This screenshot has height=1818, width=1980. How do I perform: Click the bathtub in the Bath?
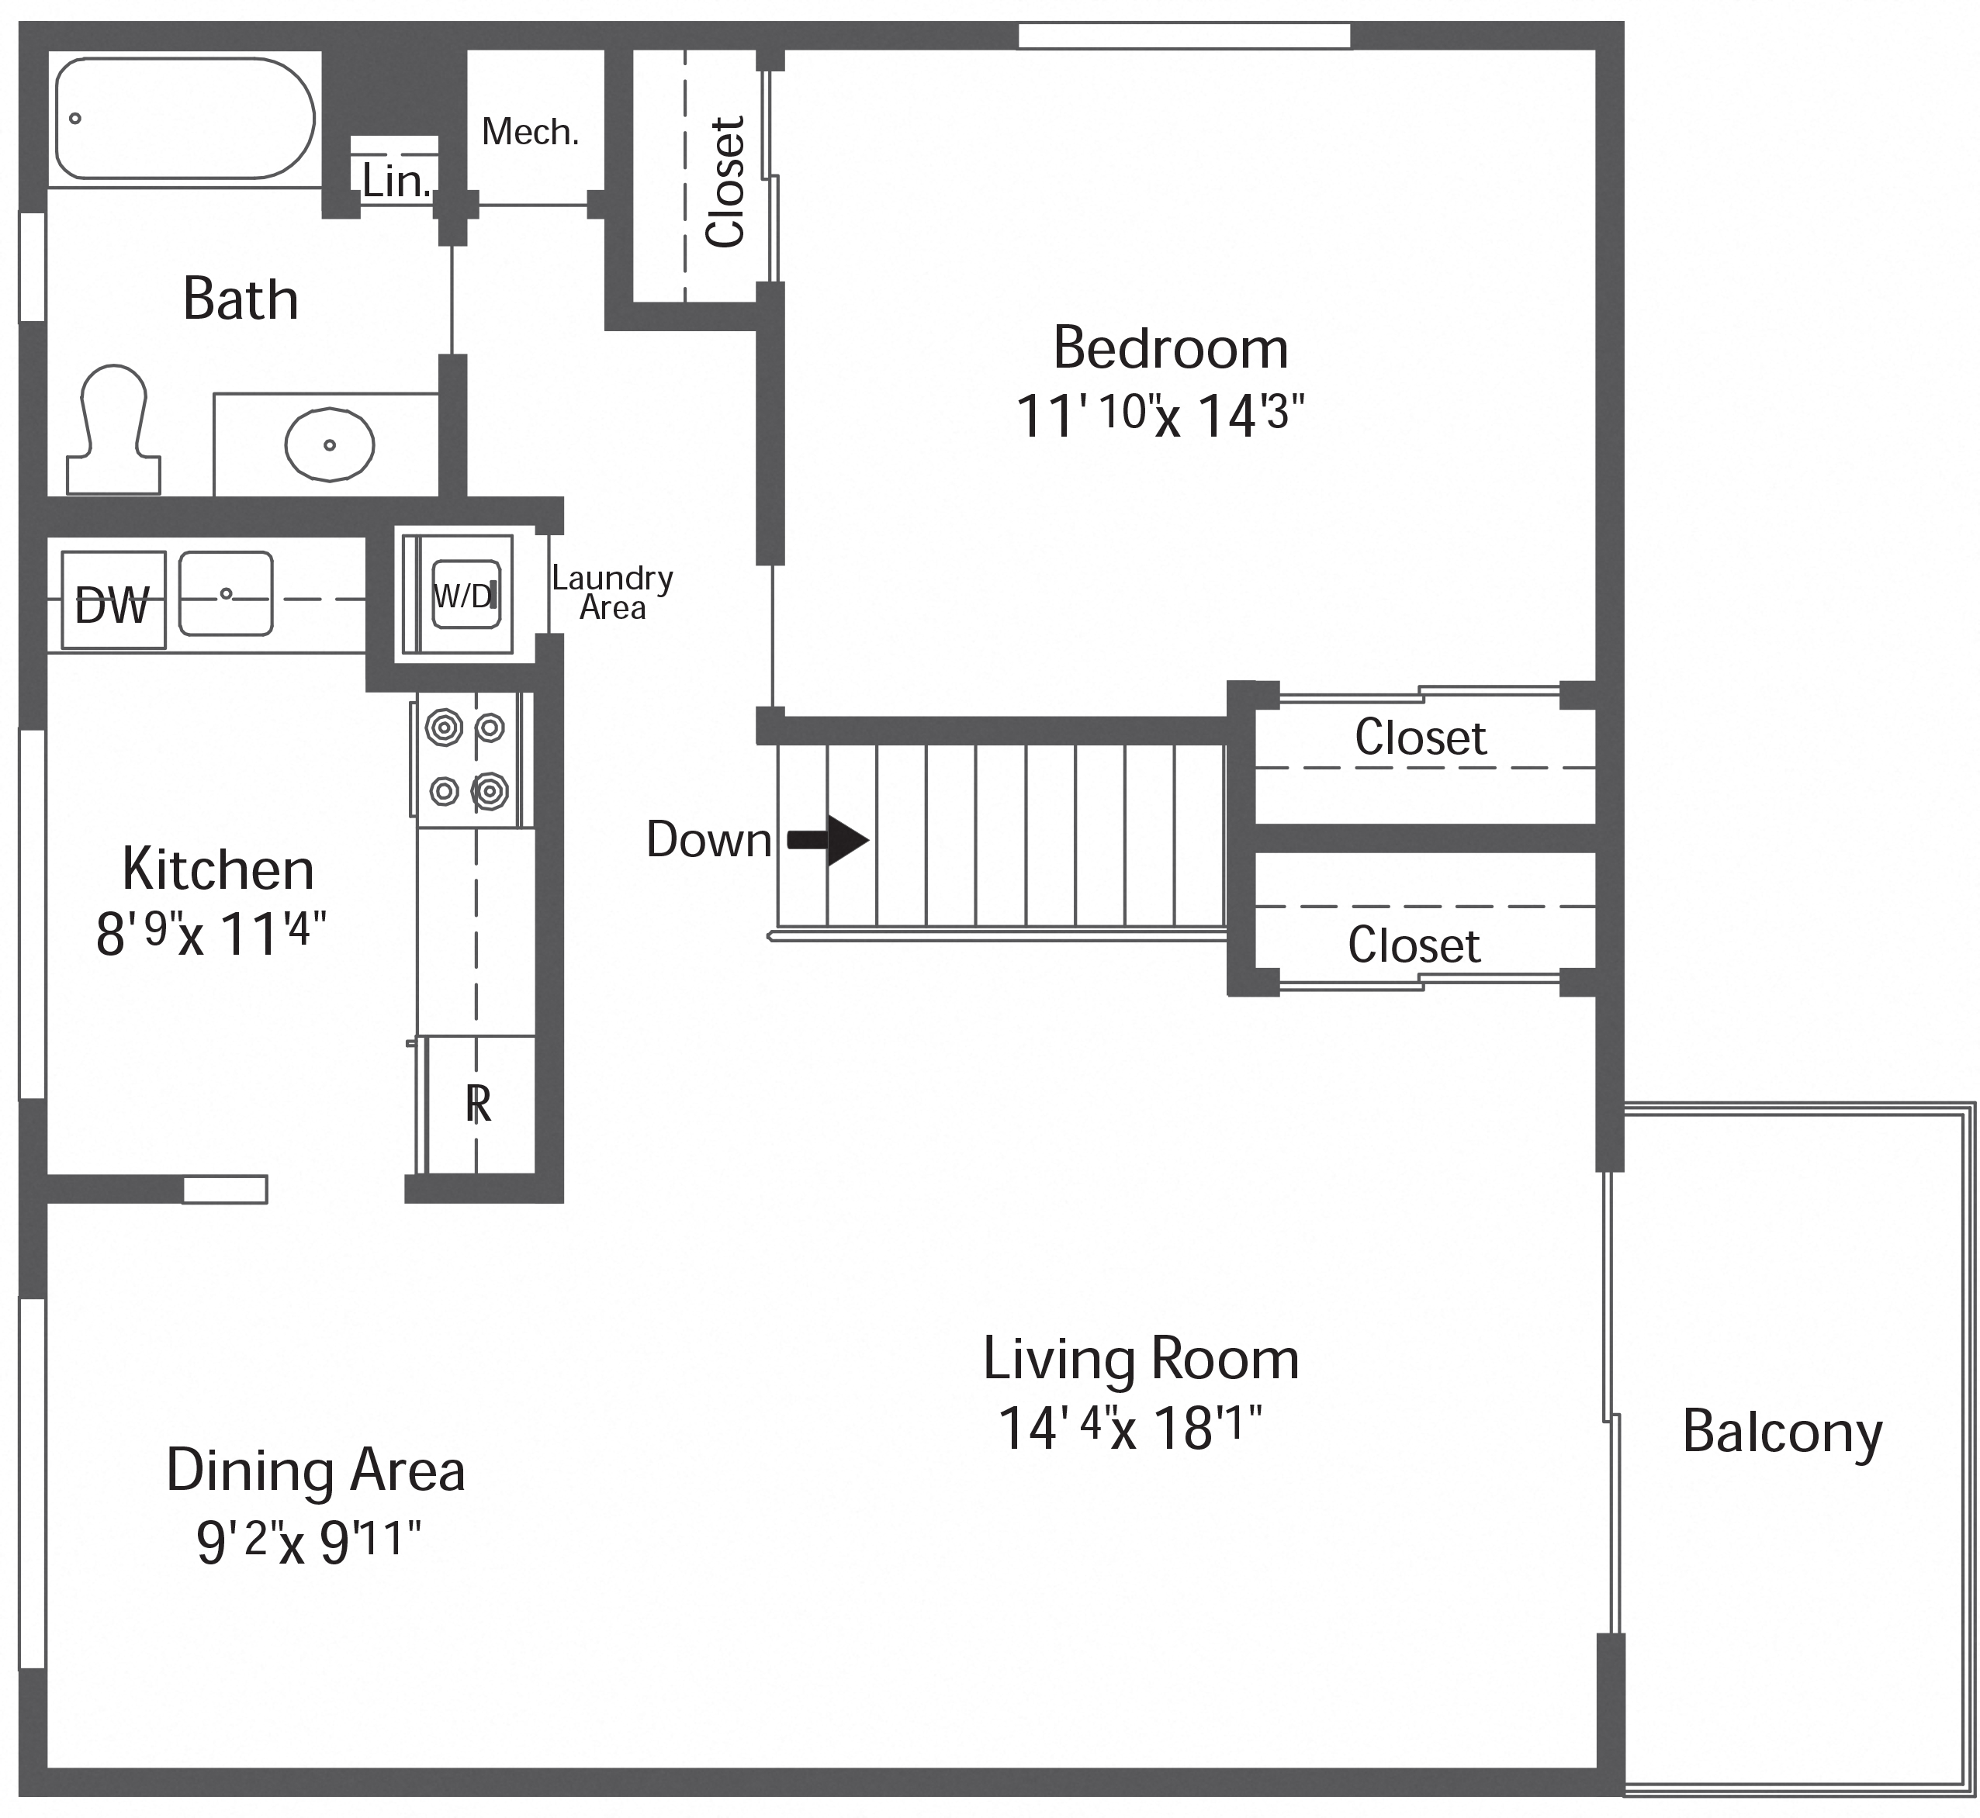184,119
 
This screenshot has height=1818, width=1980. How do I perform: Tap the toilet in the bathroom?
113,433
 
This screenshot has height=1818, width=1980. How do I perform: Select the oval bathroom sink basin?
330,444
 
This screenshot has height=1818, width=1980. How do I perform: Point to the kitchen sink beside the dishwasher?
225,593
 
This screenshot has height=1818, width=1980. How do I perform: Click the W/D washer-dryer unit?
466,595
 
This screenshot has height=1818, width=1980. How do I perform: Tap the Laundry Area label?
611,593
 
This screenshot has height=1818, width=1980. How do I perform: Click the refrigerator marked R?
477,1104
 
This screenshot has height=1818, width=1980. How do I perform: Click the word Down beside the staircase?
708,840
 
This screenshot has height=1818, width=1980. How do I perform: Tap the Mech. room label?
529,132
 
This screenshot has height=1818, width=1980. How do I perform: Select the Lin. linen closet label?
396,180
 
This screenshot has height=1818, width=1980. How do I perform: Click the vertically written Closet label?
726,182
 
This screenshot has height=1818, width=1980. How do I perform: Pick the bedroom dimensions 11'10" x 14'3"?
1158,415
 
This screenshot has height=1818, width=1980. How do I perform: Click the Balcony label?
1781,1433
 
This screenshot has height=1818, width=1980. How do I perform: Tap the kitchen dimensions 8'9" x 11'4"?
209,932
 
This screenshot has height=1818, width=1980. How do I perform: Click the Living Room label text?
1141,1360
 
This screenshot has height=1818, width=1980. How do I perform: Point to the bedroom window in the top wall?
1184,36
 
